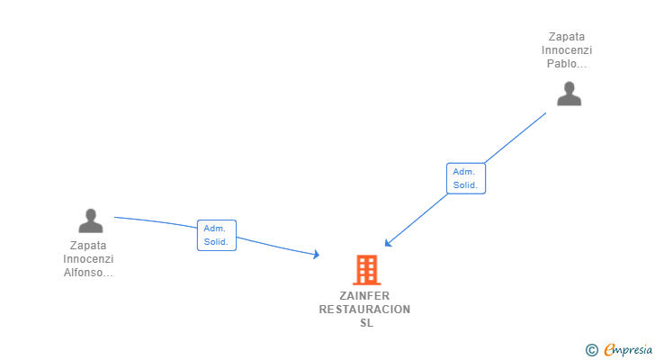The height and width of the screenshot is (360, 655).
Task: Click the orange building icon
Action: (367, 270)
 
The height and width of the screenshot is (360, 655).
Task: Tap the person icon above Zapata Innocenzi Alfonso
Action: (91, 220)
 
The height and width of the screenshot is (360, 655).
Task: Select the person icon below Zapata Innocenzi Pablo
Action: (569, 94)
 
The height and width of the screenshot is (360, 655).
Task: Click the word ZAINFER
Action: (364, 296)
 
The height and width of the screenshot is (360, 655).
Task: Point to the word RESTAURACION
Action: (364, 310)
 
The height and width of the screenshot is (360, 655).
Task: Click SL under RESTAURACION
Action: (367, 323)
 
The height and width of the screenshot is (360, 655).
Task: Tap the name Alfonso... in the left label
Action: (88, 273)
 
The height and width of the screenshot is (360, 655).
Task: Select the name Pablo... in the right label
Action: (567, 64)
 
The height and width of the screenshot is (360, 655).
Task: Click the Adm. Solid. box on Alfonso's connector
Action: (217, 235)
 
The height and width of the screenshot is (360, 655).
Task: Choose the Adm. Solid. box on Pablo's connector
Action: (466, 178)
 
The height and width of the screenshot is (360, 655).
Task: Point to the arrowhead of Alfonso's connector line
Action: (317, 254)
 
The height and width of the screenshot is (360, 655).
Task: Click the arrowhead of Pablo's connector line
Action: (388, 243)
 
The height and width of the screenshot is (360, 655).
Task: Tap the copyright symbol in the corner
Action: (591, 350)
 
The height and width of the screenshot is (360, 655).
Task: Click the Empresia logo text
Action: (628, 349)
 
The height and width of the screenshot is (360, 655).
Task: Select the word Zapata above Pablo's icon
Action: (567, 37)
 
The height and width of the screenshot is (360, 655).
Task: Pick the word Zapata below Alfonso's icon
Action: (88, 246)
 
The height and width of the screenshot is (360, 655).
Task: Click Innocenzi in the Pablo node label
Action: (567, 50)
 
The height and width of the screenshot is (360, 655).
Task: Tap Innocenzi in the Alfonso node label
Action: (88, 259)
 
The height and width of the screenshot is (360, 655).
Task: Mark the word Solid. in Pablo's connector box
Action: (465, 185)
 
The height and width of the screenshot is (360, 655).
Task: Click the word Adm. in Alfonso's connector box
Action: (214, 229)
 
